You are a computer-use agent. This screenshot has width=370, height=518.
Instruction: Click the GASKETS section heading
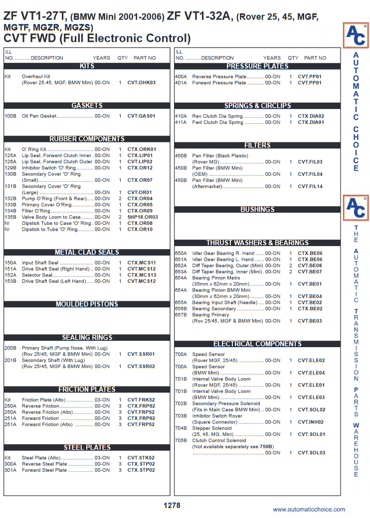pyautogui.click(x=87, y=106)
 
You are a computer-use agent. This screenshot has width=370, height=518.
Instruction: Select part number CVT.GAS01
pyautogui.click(x=141, y=116)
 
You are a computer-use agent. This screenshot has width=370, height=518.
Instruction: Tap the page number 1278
pyautogui.click(x=172, y=505)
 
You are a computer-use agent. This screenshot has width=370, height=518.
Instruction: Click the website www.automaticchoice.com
pyautogui.click(x=309, y=509)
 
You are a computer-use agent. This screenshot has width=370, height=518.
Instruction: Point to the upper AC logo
pyautogui.click(x=356, y=35)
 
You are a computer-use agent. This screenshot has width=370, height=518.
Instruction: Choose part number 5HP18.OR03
pyautogui.click(x=143, y=217)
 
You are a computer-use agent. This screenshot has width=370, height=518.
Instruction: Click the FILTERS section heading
pyautogui.click(x=257, y=145)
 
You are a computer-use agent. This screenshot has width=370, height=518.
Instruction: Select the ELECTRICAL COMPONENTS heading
pyautogui.click(x=257, y=344)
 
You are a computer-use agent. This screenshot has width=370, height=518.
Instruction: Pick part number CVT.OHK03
pyautogui.click(x=142, y=83)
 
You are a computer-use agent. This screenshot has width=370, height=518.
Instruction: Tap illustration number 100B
pyautogui.click(x=10, y=116)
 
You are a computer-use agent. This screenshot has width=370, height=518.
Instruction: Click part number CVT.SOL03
pyautogui.click(x=312, y=453)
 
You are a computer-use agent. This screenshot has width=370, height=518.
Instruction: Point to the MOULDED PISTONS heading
pyautogui.click(x=87, y=304)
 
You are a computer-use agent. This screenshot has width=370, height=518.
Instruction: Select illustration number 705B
pyautogui.click(x=181, y=440)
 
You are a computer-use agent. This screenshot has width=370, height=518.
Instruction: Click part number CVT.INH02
pyautogui.click(x=311, y=422)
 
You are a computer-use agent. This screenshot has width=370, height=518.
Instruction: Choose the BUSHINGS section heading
pyautogui.click(x=257, y=210)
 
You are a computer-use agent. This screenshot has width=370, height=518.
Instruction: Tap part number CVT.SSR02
pyautogui.click(x=141, y=367)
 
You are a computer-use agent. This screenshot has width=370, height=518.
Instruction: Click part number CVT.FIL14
pyautogui.click(x=310, y=186)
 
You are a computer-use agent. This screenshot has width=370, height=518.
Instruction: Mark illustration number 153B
pyautogui.click(x=10, y=281)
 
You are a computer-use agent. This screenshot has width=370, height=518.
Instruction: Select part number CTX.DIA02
pyautogui.click(x=311, y=116)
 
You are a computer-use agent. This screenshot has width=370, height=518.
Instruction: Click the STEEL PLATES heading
pyautogui.click(x=87, y=448)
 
